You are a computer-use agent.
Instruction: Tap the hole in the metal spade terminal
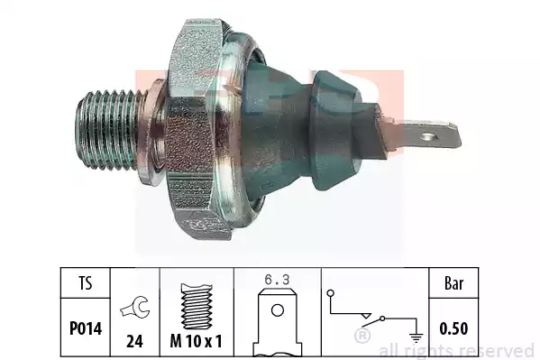(429, 136)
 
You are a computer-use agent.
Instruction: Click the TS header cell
(86, 283)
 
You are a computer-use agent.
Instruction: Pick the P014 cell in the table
(86, 328)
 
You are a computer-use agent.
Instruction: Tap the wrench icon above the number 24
(135, 307)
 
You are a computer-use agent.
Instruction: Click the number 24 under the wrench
(134, 341)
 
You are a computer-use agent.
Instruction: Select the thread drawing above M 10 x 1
(197, 306)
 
